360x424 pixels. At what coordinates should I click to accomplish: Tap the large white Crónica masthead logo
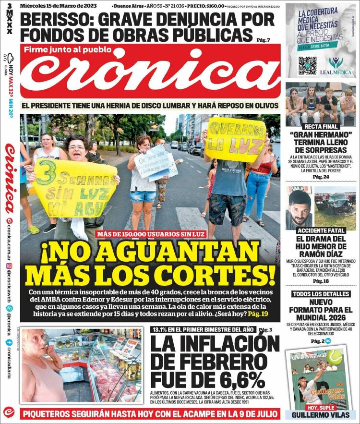click(x=150, y=74)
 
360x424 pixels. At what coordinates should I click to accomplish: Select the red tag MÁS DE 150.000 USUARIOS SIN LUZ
click(x=150, y=234)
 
